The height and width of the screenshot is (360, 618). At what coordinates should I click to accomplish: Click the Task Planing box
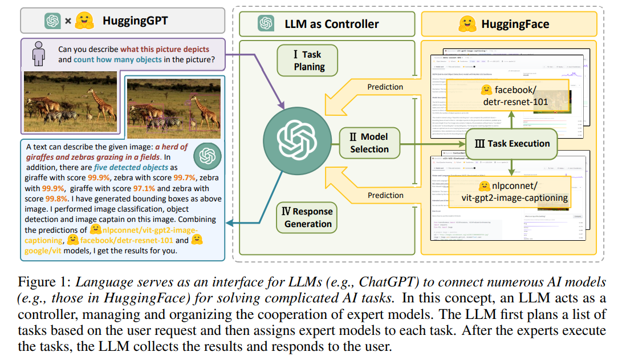point(308,60)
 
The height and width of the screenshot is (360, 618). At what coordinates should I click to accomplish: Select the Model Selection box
point(369,143)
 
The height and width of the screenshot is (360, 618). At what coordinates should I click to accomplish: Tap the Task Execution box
point(513,143)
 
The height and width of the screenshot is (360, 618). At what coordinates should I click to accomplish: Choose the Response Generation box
point(308,217)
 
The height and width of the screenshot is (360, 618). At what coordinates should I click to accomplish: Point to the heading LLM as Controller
point(331,24)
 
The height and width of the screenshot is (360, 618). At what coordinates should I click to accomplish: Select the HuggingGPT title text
point(135,22)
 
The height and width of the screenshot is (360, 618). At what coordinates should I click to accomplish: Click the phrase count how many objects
point(115,59)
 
